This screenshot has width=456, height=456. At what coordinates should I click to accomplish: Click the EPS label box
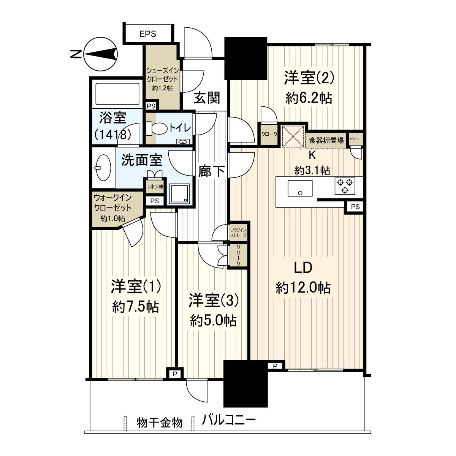pyautogui.click(x=148, y=34)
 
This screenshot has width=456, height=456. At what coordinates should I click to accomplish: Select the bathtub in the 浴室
pyautogui.click(x=117, y=93)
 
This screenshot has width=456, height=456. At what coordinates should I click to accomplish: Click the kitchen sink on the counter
pyautogui.click(x=300, y=188)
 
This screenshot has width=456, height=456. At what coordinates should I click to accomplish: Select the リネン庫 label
pyautogui.click(x=155, y=187)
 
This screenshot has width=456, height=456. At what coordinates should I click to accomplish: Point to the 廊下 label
pyautogui.click(x=211, y=172)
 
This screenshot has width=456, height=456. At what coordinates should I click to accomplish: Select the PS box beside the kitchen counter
pyautogui.click(x=355, y=207)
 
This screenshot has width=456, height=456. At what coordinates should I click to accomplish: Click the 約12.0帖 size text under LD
pyautogui.click(x=303, y=288)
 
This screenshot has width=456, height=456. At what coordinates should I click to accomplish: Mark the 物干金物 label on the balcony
pyautogui.click(x=160, y=423)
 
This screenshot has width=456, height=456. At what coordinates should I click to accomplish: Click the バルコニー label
pyautogui.click(x=229, y=421)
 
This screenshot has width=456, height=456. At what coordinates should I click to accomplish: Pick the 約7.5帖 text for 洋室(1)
pyautogui.click(x=136, y=306)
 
